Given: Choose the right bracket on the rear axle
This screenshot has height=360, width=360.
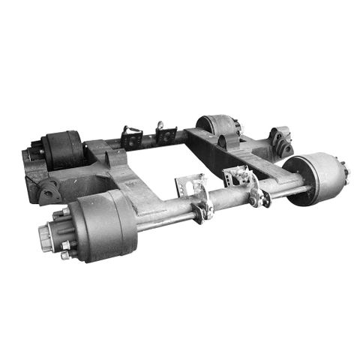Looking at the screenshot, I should pyautogui.click(x=166, y=135).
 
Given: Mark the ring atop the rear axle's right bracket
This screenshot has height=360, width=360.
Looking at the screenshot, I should pyautogui.click(x=160, y=124).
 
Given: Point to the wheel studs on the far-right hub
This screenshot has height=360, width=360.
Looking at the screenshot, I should pyautogui.click(x=346, y=171).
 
